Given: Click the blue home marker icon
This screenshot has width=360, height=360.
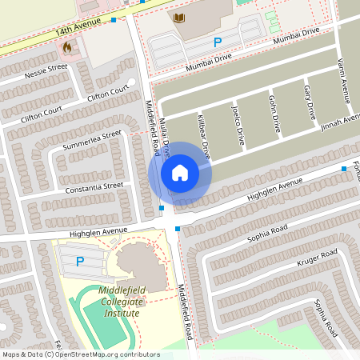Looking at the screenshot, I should [180, 172].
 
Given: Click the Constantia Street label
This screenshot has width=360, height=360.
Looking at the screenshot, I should [95, 189].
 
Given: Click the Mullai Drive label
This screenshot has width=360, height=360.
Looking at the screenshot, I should [165, 138].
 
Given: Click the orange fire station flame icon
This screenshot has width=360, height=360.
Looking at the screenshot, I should [66, 47].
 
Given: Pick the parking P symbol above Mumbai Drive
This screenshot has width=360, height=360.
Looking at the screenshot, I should [215, 42].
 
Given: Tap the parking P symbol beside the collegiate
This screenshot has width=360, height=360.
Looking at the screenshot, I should [79, 261].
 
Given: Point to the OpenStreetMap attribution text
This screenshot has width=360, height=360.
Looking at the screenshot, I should [81, 354].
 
